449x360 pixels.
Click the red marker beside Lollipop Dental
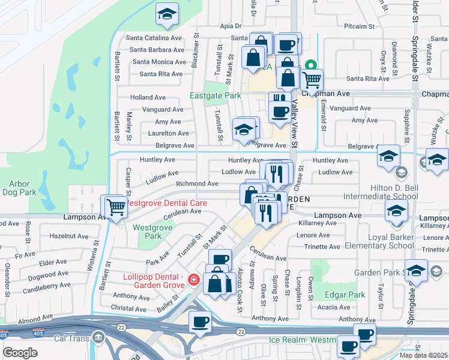193,280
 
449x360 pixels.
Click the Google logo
20,352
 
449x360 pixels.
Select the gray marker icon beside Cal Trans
98,339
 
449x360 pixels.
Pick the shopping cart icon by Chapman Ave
312,79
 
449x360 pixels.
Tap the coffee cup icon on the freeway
200,321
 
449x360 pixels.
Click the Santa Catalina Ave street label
154,37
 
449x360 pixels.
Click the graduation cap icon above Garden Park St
416,269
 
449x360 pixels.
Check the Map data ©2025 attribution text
424,355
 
